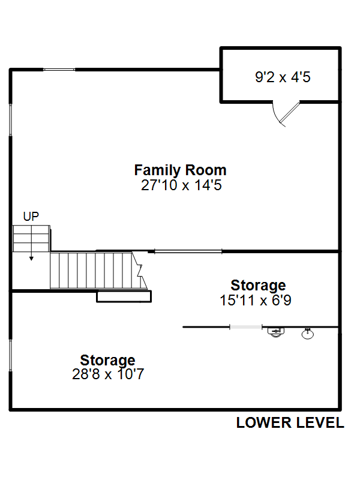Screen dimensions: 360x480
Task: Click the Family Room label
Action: click(x=181, y=170)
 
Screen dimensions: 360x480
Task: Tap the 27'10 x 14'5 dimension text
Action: click(x=181, y=185)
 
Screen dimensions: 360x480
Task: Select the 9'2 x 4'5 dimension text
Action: click(x=283, y=77)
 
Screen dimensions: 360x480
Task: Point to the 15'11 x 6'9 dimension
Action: click(x=256, y=300)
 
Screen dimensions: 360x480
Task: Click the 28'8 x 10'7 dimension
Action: click(x=108, y=374)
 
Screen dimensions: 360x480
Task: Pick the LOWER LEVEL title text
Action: click(x=290, y=423)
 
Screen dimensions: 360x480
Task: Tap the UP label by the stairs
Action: click(x=31, y=217)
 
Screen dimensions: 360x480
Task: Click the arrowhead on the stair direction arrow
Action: click(x=31, y=259)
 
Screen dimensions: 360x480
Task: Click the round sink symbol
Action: click(x=308, y=334)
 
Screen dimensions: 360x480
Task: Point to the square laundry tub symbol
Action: click(x=276, y=332)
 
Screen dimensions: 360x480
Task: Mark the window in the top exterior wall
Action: click(x=59, y=70)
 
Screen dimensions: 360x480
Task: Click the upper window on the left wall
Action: click(x=10, y=119)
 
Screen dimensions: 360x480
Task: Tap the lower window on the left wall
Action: click(x=10, y=355)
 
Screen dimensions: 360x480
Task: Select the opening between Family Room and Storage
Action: click(x=188, y=251)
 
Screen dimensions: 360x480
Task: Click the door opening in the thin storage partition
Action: click(x=246, y=327)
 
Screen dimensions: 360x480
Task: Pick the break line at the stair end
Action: click(x=140, y=271)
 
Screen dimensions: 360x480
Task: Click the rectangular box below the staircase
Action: click(x=124, y=296)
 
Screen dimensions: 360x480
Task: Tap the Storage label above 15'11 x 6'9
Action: click(x=258, y=286)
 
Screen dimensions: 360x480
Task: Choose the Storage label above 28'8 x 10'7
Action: click(x=107, y=361)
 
